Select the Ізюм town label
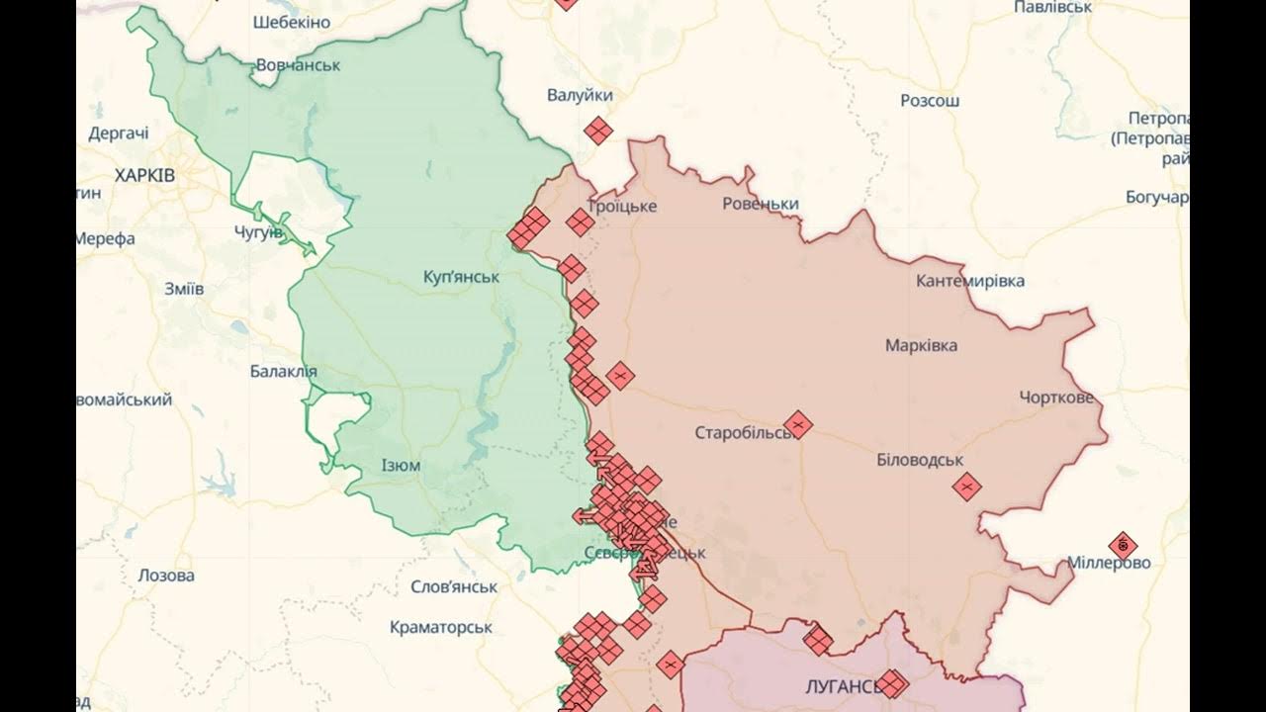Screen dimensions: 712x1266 coord(401,465)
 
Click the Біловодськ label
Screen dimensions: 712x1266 coord(920,460)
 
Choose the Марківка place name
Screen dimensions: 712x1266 coord(921,345)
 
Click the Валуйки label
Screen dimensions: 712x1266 coord(580,95)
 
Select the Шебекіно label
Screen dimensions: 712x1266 coord(293,21)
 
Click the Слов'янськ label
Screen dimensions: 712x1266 coord(454,586)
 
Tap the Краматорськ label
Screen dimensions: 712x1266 coord(441,627)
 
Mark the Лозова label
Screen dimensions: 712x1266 coord(166,576)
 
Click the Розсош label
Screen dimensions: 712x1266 coord(930,101)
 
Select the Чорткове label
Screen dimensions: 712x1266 coord(1056,398)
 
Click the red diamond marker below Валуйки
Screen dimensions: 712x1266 coord(597,131)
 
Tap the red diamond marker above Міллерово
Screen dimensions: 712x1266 coord(1123,545)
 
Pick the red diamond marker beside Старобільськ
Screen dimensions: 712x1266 coord(798,425)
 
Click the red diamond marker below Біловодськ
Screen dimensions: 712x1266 coord(966,487)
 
